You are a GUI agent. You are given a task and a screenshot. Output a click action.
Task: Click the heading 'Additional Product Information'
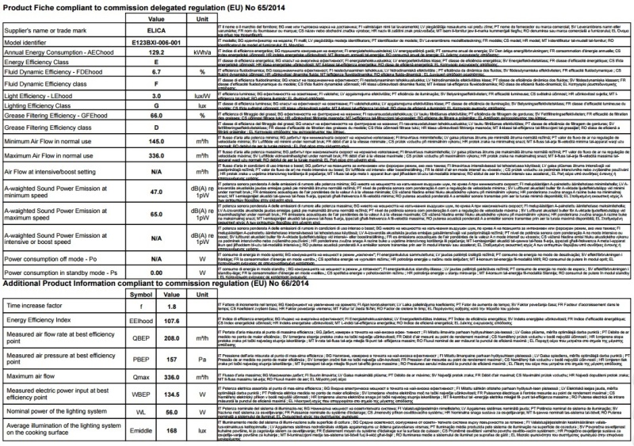[63, 306]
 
